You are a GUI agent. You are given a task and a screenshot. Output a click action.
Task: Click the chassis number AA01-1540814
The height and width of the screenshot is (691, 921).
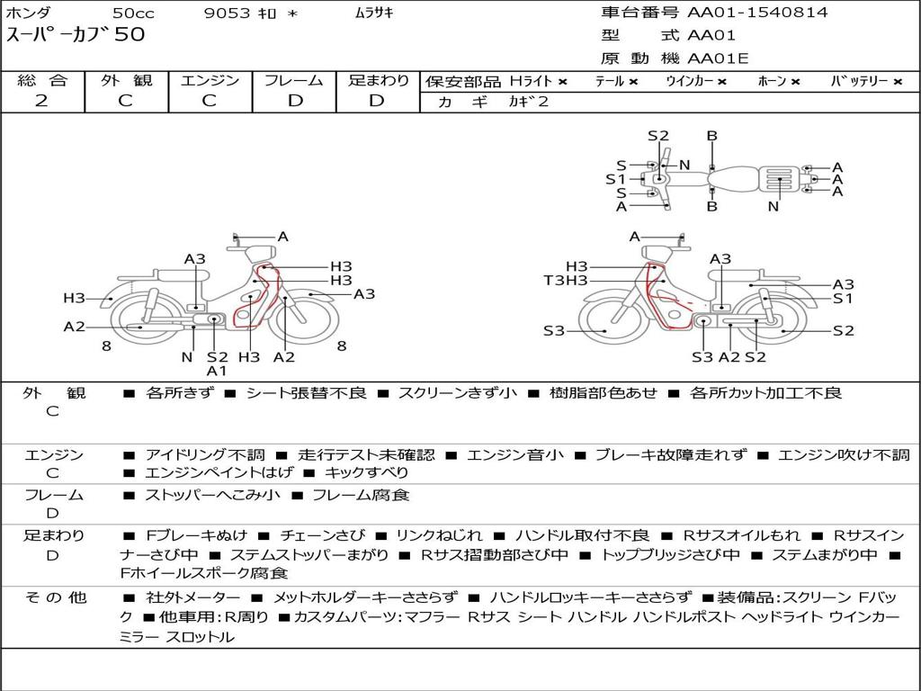coord(757,12)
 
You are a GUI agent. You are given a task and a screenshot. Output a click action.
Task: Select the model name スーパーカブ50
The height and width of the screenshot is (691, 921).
coord(76,34)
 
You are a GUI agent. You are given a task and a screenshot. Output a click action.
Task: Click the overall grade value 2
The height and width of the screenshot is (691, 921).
coord(41,101)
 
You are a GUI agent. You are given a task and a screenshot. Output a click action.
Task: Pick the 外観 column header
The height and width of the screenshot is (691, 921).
coord(126,80)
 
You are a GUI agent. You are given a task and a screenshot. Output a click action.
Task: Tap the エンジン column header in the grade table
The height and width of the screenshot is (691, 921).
coord(210,80)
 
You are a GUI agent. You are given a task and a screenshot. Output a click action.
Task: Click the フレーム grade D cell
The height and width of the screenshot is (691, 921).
coord(295,101)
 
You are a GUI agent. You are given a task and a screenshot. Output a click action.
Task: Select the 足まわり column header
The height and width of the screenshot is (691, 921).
coord(379,80)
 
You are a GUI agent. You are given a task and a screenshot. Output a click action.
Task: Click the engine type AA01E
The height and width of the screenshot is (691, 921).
coord(718,58)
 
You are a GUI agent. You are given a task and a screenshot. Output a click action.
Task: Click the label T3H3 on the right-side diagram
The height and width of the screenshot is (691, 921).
coord(566,281)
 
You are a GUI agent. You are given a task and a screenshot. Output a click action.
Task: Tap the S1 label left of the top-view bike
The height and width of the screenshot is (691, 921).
coord(615,179)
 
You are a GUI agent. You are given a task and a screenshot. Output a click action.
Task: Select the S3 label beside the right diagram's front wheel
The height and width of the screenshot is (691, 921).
coord(553,331)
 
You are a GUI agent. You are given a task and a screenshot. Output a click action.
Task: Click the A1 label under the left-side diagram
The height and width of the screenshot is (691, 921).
coord(216,371)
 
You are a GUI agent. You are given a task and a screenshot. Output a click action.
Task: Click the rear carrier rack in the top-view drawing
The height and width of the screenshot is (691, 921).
coord(779,179)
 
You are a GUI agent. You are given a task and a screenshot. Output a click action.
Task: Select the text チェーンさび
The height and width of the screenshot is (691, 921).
coord(322,536)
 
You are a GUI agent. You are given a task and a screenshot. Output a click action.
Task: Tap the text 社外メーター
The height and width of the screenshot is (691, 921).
coord(192,598)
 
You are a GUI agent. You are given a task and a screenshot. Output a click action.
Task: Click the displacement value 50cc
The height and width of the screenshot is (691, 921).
coord(133,13)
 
